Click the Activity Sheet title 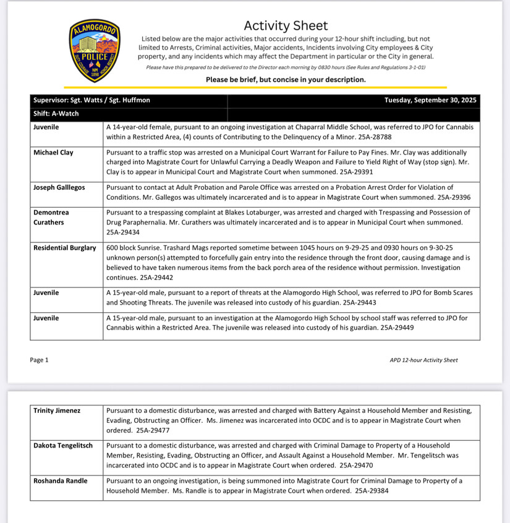click(286, 26)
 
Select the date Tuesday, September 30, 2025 click(430, 100)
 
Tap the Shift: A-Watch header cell click(56, 114)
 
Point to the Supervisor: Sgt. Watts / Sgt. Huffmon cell click(91, 100)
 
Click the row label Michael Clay click(53, 153)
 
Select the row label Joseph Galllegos click(59, 187)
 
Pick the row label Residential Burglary click(64, 248)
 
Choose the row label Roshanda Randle click(61, 480)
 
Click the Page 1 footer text click(39, 360)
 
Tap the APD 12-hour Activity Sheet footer click(423, 360)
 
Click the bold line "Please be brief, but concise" click(286, 80)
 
